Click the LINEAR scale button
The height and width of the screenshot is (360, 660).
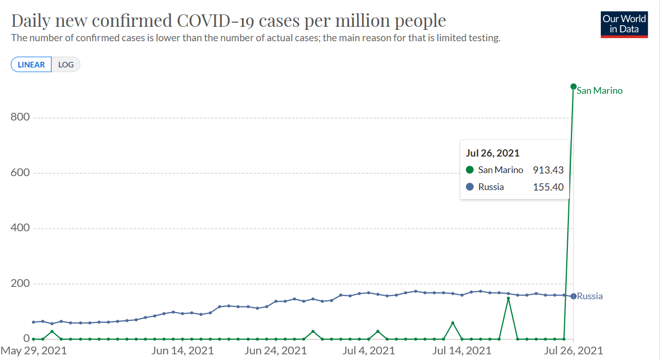click(x=31, y=64)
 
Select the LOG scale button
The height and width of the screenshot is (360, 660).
click(x=66, y=64)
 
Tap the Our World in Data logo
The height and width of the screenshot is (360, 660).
click(x=624, y=25)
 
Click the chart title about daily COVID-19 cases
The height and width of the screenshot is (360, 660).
click(x=229, y=21)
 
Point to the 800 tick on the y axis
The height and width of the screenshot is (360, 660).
click(x=20, y=117)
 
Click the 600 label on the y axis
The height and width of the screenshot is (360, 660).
click(x=20, y=173)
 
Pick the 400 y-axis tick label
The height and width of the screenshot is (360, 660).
click(x=20, y=228)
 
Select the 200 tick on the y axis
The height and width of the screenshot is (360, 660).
click(x=20, y=283)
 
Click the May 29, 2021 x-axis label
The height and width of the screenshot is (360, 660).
click(x=33, y=351)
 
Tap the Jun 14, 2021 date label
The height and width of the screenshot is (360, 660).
click(x=182, y=351)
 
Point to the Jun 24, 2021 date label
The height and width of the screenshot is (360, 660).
click(x=275, y=351)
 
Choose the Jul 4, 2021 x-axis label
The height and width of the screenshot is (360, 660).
click(x=369, y=351)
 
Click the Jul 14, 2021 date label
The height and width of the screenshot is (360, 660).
click(x=462, y=351)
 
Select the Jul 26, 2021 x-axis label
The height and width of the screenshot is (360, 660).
click(x=574, y=351)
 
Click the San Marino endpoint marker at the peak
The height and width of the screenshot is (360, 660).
click(x=574, y=87)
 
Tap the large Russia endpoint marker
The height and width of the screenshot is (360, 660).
click(x=574, y=296)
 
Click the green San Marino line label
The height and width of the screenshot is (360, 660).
click(x=600, y=91)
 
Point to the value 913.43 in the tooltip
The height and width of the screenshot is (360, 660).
click(x=548, y=170)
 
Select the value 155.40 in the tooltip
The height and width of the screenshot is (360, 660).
click(x=548, y=187)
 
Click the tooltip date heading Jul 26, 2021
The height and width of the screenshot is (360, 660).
click(x=493, y=153)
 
